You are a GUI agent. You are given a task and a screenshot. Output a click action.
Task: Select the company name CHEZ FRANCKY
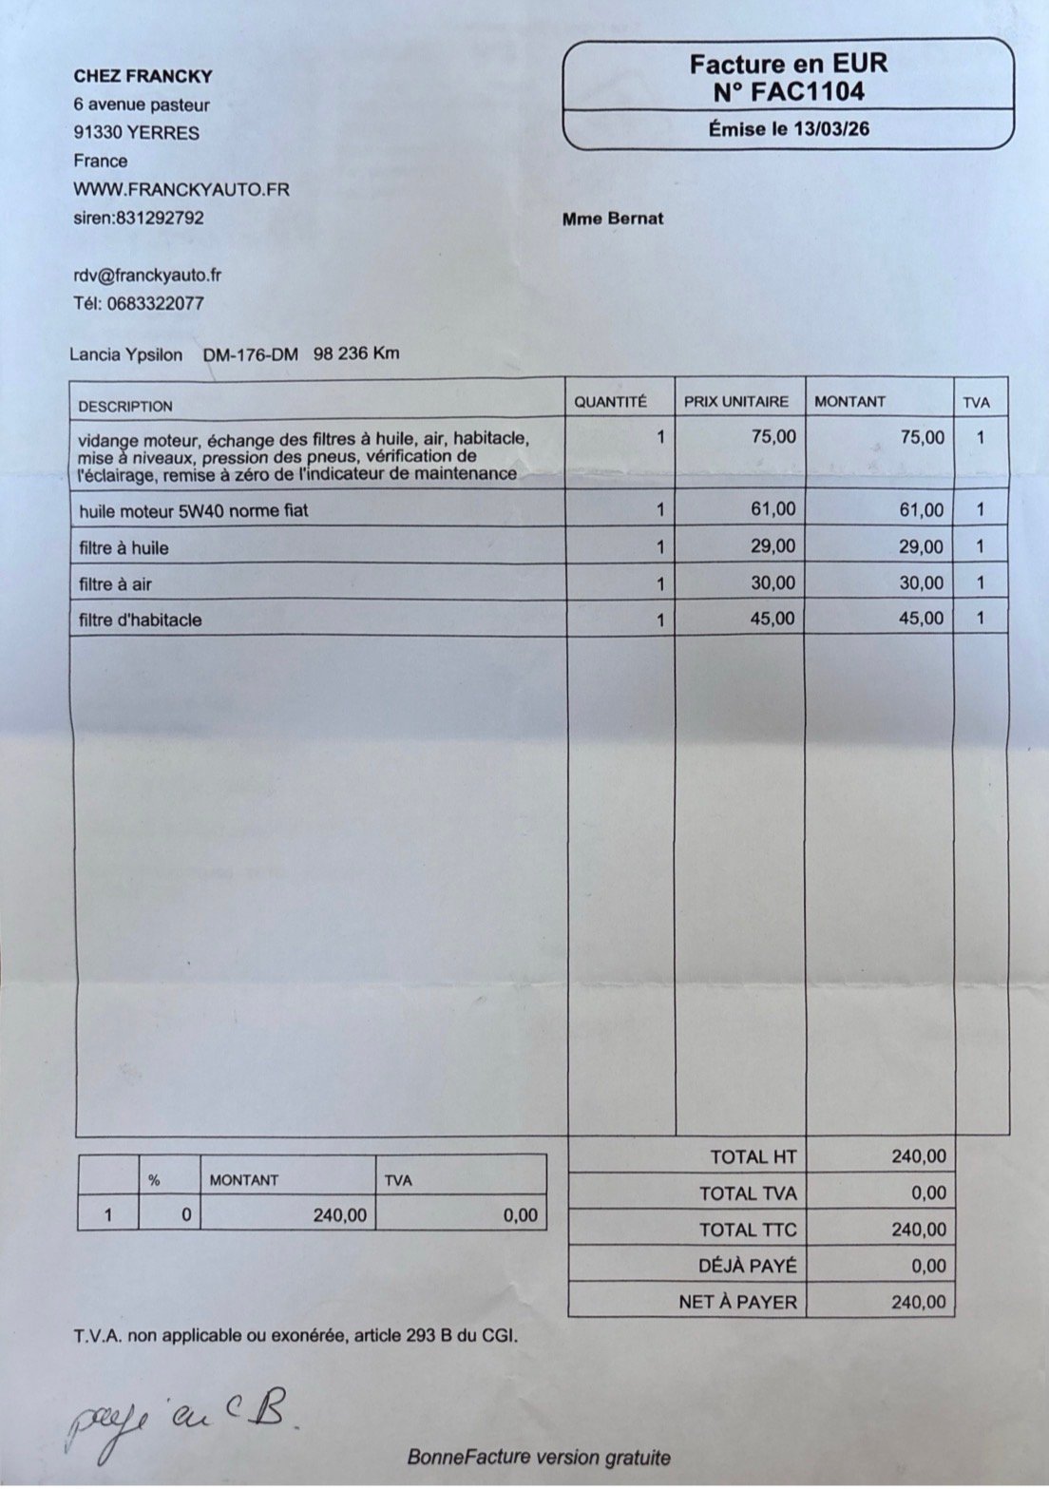143,76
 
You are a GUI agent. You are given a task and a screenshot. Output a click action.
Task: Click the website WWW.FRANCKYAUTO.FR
181,189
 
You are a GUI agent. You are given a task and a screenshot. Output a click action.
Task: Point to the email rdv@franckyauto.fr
147,276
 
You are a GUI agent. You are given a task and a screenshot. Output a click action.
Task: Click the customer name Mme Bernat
613,219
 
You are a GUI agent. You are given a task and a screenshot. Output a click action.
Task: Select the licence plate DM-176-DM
250,354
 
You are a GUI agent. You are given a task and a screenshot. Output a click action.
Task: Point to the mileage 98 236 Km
356,353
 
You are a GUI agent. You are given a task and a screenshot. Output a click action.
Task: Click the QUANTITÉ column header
610,402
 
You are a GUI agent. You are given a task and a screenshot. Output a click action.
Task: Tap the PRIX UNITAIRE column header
736,402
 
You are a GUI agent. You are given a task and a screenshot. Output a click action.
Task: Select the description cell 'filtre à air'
116,584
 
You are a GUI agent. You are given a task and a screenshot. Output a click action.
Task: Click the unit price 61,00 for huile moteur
773,509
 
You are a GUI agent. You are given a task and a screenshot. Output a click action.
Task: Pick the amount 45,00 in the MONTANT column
921,619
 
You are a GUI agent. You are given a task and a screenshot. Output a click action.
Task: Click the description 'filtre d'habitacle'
141,620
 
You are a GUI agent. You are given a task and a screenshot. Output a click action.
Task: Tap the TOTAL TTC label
748,1230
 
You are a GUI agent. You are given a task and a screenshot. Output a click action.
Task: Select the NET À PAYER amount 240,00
919,1302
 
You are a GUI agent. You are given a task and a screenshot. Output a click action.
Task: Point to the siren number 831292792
159,218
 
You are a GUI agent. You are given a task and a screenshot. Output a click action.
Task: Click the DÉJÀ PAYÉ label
747,1266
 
